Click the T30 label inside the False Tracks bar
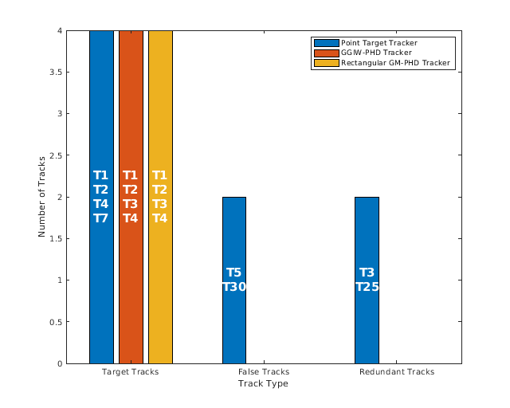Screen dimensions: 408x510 [x=234, y=287]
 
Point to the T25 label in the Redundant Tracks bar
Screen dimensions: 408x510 [x=367, y=287]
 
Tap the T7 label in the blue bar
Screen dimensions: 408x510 [x=101, y=218]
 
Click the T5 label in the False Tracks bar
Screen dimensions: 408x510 [x=234, y=273]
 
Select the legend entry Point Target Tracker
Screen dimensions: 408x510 [x=379, y=42]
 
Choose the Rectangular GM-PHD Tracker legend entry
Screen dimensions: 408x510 [x=395, y=63]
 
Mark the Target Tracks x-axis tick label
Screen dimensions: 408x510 [x=131, y=372]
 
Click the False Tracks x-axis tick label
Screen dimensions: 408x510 [x=264, y=372]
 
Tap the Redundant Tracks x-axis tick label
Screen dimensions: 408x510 [x=396, y=372]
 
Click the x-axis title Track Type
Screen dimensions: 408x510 [x=263, y=384]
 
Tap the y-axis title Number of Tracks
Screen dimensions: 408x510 [x=42, y=197]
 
